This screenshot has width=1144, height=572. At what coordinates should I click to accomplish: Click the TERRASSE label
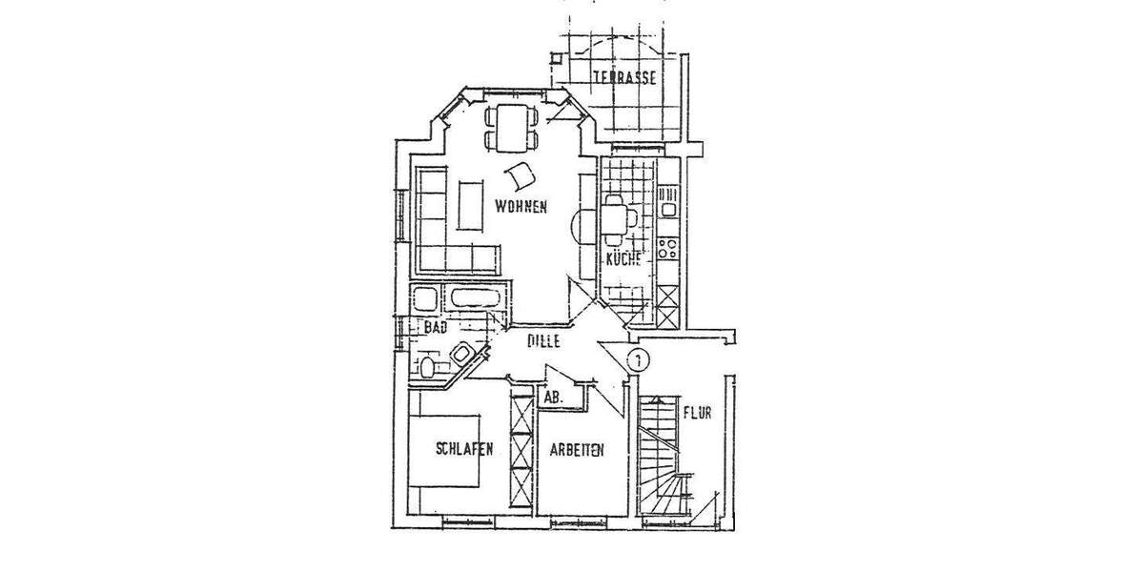[x=624, y=79]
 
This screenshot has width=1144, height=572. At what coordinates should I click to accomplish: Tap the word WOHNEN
[x=520, y=206]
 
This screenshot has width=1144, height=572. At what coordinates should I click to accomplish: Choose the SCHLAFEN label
[x=464, y=450]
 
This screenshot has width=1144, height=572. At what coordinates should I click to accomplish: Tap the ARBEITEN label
[x=576, y=454]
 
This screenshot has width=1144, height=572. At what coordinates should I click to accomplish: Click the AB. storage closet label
[x=553, y=397]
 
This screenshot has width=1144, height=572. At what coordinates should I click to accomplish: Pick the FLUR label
[x=698, y=414]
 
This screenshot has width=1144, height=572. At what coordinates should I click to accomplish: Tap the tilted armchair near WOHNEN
[x=521, y=175]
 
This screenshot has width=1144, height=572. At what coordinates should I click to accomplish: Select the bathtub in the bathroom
[x=474, y=296]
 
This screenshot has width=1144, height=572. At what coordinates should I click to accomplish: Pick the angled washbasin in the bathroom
[x=462, y=353]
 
